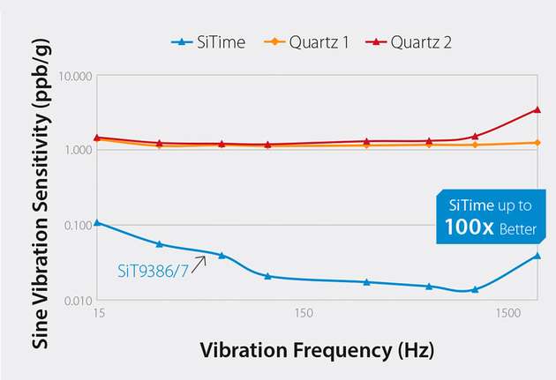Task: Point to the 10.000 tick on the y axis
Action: [x=72, y=76]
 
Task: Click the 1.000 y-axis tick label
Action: [x=75, y=151]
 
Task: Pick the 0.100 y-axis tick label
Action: [x=75, y=226]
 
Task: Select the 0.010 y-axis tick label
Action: [x=75, y=302]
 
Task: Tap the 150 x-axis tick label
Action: [x=303, y=314]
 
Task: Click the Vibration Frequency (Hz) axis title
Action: [x=317, y=350]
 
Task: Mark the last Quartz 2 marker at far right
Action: [x=537, y=109]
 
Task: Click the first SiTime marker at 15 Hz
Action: [x=97, y=222]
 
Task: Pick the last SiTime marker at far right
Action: [x=537, y=256]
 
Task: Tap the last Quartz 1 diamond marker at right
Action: [x=537, y=142]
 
